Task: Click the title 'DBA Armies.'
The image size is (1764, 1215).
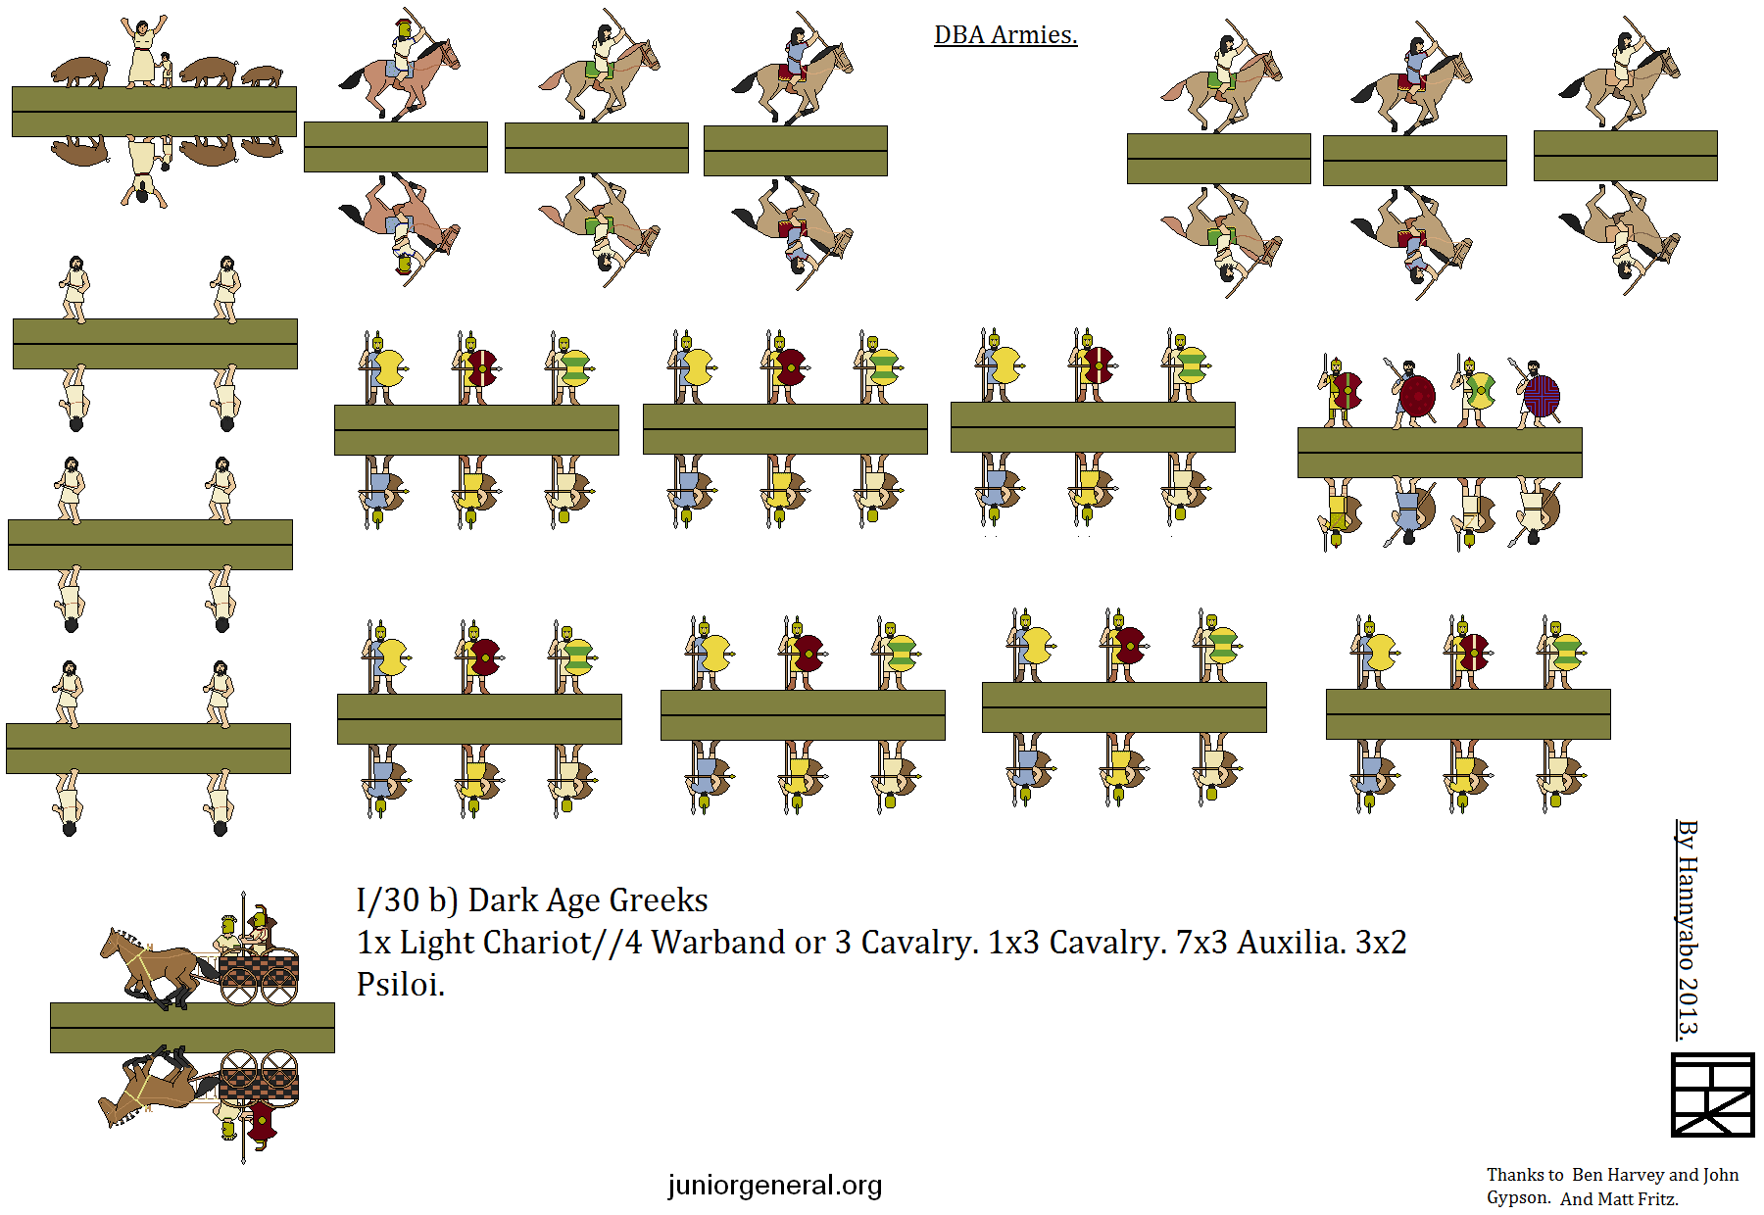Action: (1005, 35)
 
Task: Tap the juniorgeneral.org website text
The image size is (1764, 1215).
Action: (775, 1186)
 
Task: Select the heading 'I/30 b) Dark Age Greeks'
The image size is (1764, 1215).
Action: (532, 899)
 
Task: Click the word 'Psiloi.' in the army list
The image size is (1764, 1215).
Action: (401, 984)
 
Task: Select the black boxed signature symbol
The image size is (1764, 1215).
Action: (1712, 1094)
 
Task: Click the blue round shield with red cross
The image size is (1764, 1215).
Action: (1542, 397)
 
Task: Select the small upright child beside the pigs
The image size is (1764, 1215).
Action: (167, 70)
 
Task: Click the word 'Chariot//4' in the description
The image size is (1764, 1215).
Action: (564, 942)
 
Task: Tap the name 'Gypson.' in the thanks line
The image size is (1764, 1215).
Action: (1519, 1198)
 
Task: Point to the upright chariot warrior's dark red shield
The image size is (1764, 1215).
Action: (262, 927)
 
